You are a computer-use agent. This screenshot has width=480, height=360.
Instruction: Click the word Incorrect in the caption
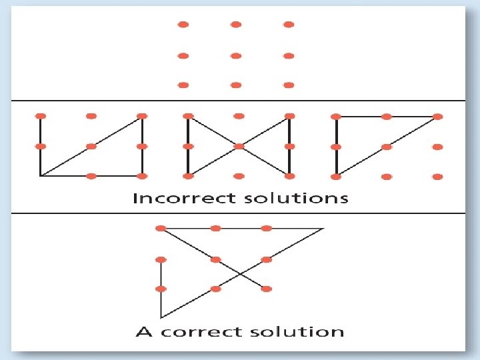pyautogui.click(x=175, y=198)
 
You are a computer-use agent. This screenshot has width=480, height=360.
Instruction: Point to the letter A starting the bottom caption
pyautogui.click(x=143, y=331)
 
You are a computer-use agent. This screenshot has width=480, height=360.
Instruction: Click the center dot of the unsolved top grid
pyautogui.click(x=235, y=55)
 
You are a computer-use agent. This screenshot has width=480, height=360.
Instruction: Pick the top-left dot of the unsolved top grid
pyautogui.click(x=183, y=25)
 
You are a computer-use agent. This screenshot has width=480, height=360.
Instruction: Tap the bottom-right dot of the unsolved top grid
pyautogui.click(x=288, y=85)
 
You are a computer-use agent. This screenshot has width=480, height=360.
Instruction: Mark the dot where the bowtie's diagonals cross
pyautogui.click(x=239, y=146)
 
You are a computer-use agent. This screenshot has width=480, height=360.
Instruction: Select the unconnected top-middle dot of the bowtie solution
pyautogui.click(x=239, y=116)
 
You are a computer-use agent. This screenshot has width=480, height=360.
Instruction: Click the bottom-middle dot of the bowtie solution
pyautogui.click(x=239, y=176)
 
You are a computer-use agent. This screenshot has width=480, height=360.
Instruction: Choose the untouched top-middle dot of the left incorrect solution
pyautogui.click(x=91, y=116)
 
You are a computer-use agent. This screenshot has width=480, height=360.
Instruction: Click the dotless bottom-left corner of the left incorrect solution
pyautogui.click(x=41, y=176)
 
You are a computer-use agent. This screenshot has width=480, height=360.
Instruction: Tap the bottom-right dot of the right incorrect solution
pyautogui.click(x=437, y=177)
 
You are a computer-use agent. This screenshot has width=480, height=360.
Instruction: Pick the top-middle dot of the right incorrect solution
pyautogui.click(x=387, y=117)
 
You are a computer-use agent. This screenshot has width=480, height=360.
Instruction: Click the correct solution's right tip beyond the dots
pyautogui.click(x=323, y=229)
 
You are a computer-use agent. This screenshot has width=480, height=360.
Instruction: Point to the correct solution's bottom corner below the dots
pyautogui.click(x=161, y=317)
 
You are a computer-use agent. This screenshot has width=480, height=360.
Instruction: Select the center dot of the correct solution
pyautogui.click(x=215, y=259)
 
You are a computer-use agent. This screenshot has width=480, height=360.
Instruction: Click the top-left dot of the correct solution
pyautogui.click(x=161, y=229)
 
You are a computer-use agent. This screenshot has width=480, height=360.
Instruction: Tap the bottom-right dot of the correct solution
pyautogui.click(x=267, y=289)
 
